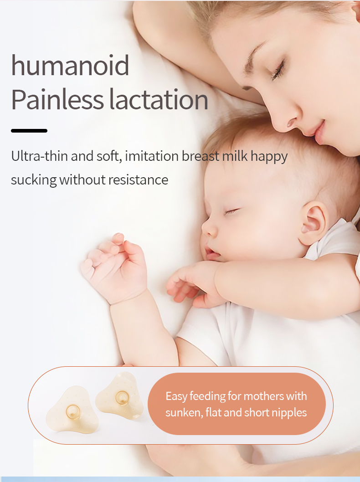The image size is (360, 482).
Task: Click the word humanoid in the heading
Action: (x=70, y=66)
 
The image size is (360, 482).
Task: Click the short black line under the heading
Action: (x=29, y=131)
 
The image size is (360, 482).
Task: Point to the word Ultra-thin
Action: (x=40, y=156)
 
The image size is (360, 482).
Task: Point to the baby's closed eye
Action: (x=231, y=210)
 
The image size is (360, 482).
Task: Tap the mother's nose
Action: (x=293, y=119)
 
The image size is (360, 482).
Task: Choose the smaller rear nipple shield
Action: (x=120, y=396)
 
